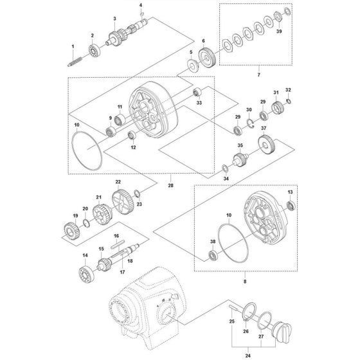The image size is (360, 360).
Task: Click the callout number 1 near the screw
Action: tap(73, 47)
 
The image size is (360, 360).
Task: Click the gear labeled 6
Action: tap(206, 56)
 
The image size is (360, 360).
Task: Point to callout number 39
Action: tap(279, 30)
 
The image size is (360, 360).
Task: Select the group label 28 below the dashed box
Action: tap(170, 186)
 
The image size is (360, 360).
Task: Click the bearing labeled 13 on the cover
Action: tap(289, 206)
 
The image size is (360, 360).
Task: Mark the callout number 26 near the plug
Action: tap(245, 331)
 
